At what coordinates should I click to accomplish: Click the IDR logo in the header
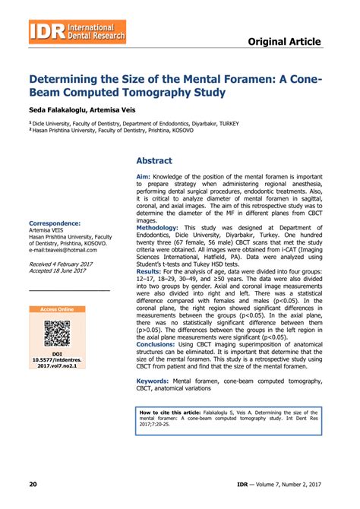(x=77, y=33)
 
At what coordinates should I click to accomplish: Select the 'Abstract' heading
(x=153, y=161)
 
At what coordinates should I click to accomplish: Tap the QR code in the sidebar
(x=57, y=334)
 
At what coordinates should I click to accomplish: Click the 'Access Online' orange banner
(x=57, y=310)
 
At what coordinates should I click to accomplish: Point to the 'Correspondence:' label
(x=55, y=223)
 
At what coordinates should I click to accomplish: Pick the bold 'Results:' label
(x=148, y=270)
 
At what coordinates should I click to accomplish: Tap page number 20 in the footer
(x=33, y=484)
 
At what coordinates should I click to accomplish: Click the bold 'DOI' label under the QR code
(x=57, y=353)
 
